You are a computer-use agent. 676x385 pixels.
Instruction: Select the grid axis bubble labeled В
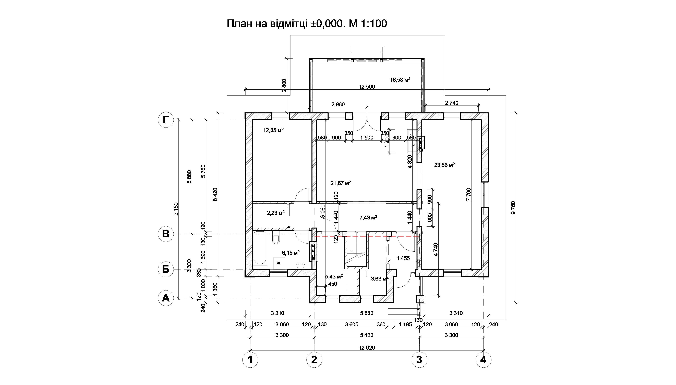(166, 234)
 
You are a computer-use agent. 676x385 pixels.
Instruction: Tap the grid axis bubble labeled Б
(166, 270)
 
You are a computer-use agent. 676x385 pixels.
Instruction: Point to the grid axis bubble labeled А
(166, 298)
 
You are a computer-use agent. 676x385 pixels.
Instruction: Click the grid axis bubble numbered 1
(250, 360)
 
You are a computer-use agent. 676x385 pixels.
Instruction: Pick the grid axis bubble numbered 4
(483, 360)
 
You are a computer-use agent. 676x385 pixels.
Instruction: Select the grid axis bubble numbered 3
(419, 360)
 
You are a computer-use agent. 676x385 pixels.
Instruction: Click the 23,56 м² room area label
(444, 165)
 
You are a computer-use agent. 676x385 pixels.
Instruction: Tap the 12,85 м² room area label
(273, 130)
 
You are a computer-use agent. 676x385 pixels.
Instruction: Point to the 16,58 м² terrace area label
(400, 80)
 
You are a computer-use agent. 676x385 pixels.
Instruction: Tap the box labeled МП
(279, 263)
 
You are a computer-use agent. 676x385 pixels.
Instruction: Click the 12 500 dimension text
(367, 87)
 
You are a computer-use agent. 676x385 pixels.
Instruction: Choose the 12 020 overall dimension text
(367, 348)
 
